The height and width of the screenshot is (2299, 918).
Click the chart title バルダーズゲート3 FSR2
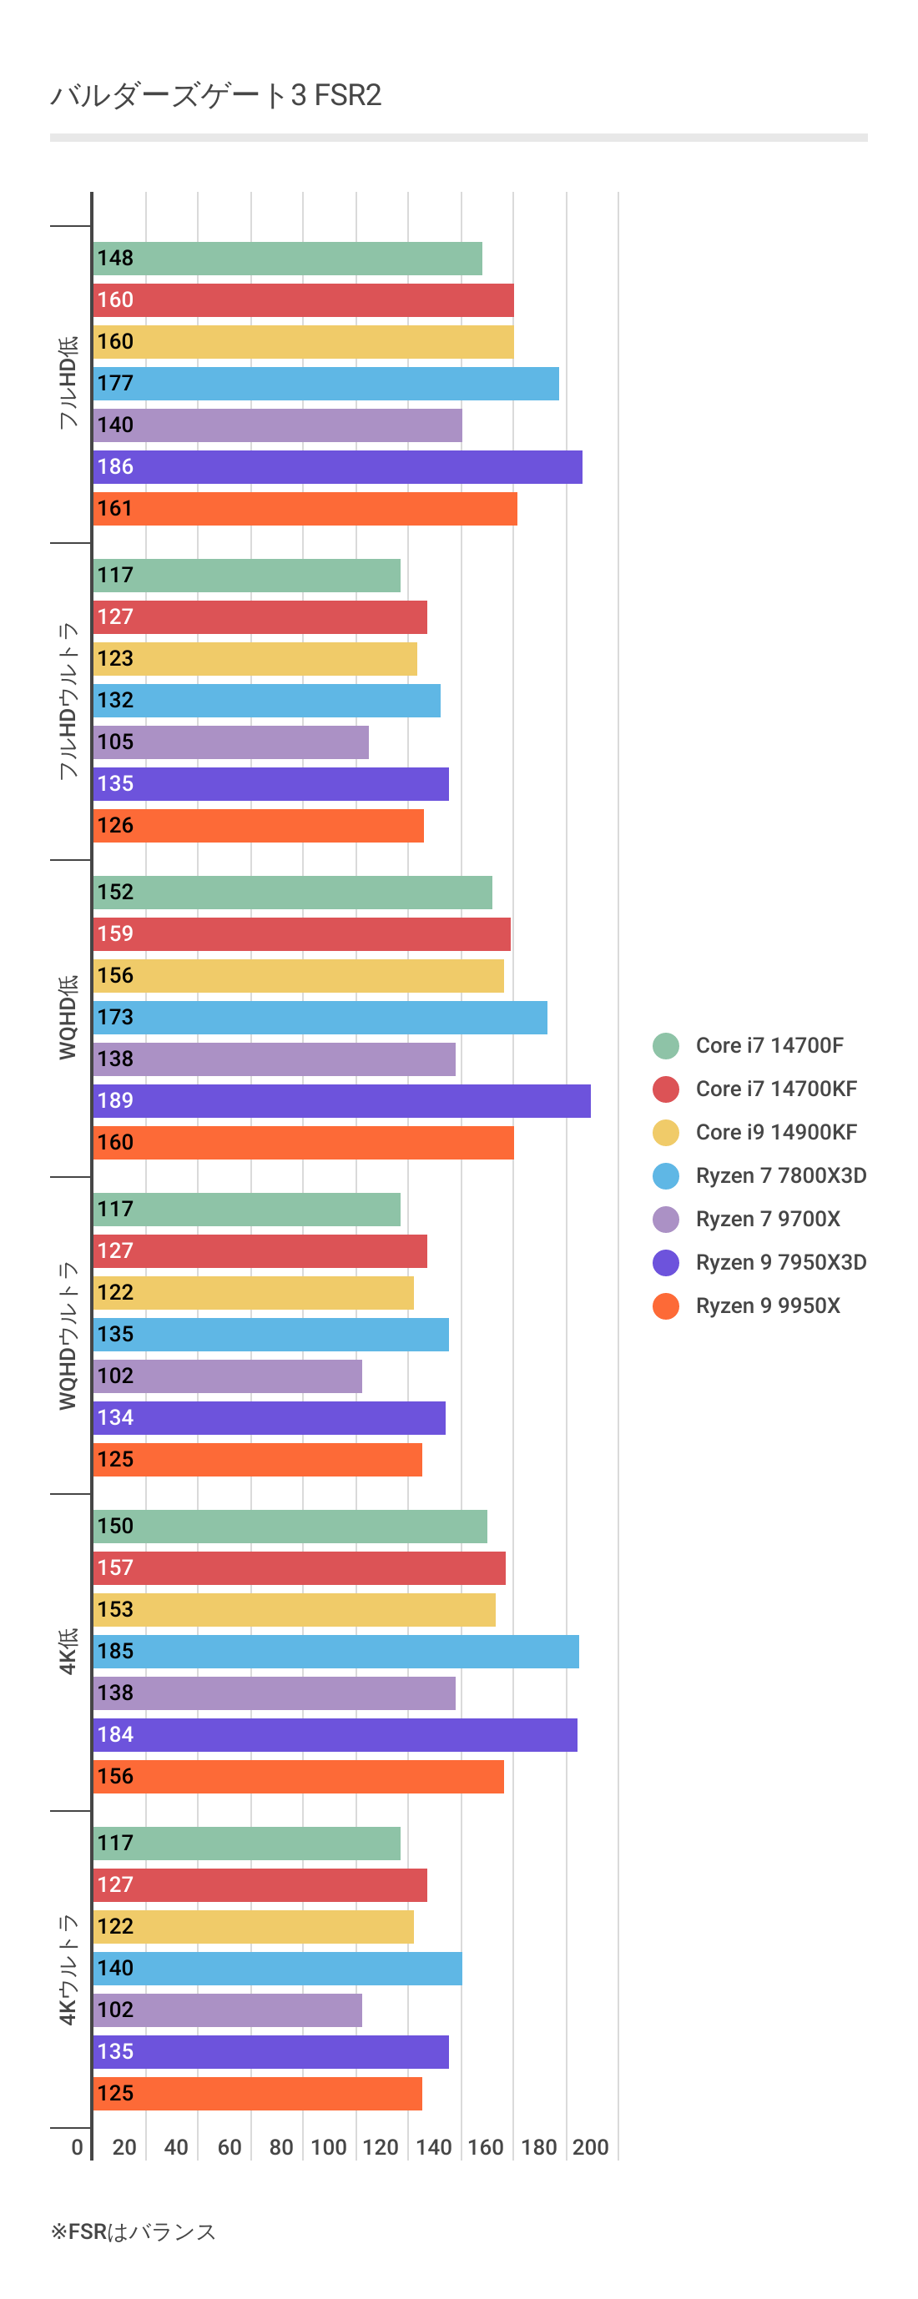pyautogui.click(x=215, y=94)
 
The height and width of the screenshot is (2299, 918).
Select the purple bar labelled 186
pyautogui.click(x=337, y=467)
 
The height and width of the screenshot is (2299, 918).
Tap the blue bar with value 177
pyautogui.click(x=326, y=384)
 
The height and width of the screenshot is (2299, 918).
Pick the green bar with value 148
pyautogui.click(x=288, y=259)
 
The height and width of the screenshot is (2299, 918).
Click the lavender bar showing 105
pyautogui.click(x=230, y=742)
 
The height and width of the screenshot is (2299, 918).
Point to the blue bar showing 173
pyautogui.click(x=320, y=1018)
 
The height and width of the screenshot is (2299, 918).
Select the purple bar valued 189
pyautogui.click(x=342, y=1100)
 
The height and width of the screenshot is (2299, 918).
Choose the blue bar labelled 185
pyautogui.click(x=335, y=1651)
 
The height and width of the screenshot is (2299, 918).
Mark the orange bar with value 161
pyautogui.click(x=305, y=509)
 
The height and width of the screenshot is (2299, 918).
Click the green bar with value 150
pyautogui.click(x=290, y=1526)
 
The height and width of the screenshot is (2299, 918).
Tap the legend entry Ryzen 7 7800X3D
pyautogui.click(x=780, y=1175)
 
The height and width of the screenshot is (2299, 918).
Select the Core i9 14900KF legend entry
pyautogui.click(x=775, y=1133)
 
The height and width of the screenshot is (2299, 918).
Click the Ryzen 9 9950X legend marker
pyautogui.click(x=665, y=1305)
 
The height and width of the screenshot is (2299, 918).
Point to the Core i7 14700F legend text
pyautogui.click(x=769, y=1045)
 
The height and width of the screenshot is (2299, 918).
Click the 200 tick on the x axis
pyautogui.click(x=590, y=2147)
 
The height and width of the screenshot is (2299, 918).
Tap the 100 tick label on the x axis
pyautogui.click(x=328, y=2147)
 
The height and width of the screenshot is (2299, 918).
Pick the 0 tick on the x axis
pyautogui.click(x=78, y=2147)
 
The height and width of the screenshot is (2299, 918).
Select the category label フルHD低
pyautogui.click(x=68, y=383)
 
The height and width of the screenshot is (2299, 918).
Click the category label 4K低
pyautogui.click(x=68, y=1651)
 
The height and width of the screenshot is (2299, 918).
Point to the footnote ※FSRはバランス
pyautogui.click(x=133, y=2232)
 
